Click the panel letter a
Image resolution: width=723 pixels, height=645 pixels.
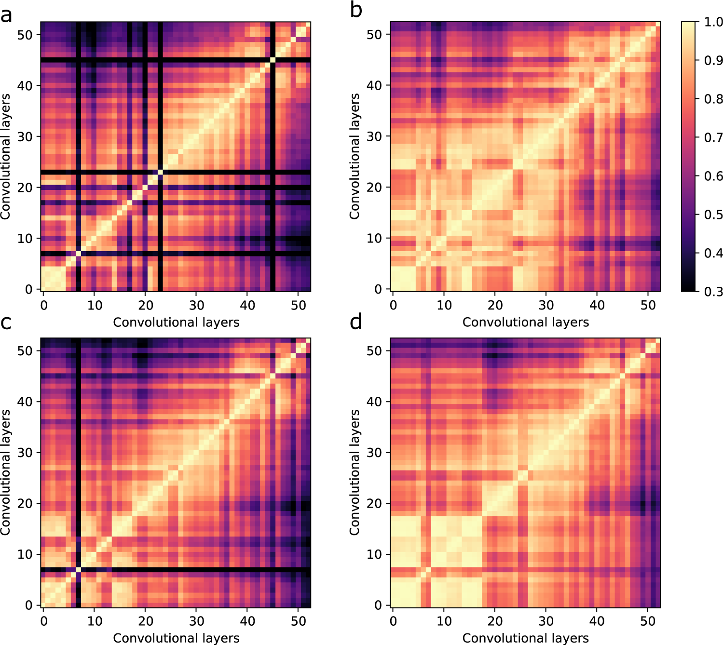(6, 15)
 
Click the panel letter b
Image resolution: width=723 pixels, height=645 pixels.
(356, 10)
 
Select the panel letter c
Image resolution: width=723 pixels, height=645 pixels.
(6, 322)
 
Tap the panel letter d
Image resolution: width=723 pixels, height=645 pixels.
(356, 321)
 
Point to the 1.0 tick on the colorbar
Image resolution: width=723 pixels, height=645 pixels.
(713, 22)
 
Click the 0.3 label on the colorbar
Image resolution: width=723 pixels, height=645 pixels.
(713, 292)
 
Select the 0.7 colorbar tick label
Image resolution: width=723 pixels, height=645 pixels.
(713, 137)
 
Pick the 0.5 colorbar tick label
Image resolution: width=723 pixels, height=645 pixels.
(713, 215)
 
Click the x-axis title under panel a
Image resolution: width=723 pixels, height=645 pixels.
(176, 322)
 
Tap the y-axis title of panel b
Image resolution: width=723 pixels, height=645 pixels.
(355, 157)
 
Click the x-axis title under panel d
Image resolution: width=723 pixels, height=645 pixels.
(525, 638)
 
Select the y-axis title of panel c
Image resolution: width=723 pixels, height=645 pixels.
(5, 472)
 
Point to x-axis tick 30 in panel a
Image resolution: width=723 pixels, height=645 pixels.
(196, 305)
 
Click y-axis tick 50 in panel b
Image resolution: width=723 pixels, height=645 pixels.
(374, 35)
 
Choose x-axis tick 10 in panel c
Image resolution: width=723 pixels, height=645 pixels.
(95, 621)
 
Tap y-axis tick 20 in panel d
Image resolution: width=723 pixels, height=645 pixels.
(374, 503)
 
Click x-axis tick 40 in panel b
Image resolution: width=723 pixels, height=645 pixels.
(597, 305)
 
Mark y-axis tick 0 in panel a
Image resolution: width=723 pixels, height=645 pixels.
(29, 289)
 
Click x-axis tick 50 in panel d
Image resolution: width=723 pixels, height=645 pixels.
(648, 621)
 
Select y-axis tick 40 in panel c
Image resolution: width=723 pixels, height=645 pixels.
(25, 402)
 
